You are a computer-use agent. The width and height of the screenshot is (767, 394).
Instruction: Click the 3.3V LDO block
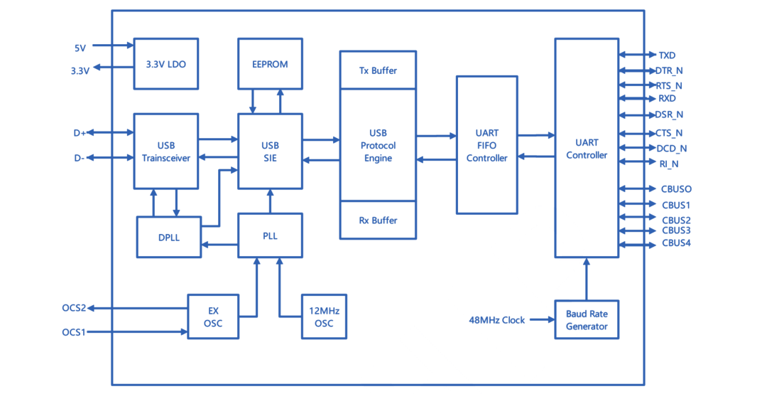point(166,63)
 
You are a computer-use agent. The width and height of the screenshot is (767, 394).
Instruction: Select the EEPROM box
point(270,63)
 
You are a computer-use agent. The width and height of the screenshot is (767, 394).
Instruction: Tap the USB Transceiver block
point(166,151)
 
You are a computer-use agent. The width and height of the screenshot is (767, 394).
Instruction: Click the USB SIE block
point(270,151)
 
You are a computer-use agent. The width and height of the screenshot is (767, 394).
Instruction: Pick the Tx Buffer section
point(378,70)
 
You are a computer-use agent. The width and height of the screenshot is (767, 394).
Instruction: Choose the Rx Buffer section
point(378,220)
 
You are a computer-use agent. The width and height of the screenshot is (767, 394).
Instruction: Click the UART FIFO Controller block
point(486,145)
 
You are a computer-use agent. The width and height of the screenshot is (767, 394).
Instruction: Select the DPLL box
point(169,238)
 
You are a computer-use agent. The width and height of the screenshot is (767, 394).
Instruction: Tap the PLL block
point(270,235)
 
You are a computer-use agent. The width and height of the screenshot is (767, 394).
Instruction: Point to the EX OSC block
point(213,317)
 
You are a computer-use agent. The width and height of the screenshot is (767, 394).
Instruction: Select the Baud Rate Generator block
point(586,319)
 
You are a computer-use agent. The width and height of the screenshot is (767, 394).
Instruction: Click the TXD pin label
point(667,55)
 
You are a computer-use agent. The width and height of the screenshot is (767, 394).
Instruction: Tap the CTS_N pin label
point(669,133)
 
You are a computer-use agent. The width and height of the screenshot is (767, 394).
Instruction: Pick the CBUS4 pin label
point(676,244)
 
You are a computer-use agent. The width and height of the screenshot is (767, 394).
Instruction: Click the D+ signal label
point(80,133)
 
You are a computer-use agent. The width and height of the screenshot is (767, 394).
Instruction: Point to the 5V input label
point(80,48)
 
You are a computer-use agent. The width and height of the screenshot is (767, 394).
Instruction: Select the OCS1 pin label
point(74,331)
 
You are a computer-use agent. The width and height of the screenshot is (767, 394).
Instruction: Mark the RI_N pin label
point(668,163)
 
